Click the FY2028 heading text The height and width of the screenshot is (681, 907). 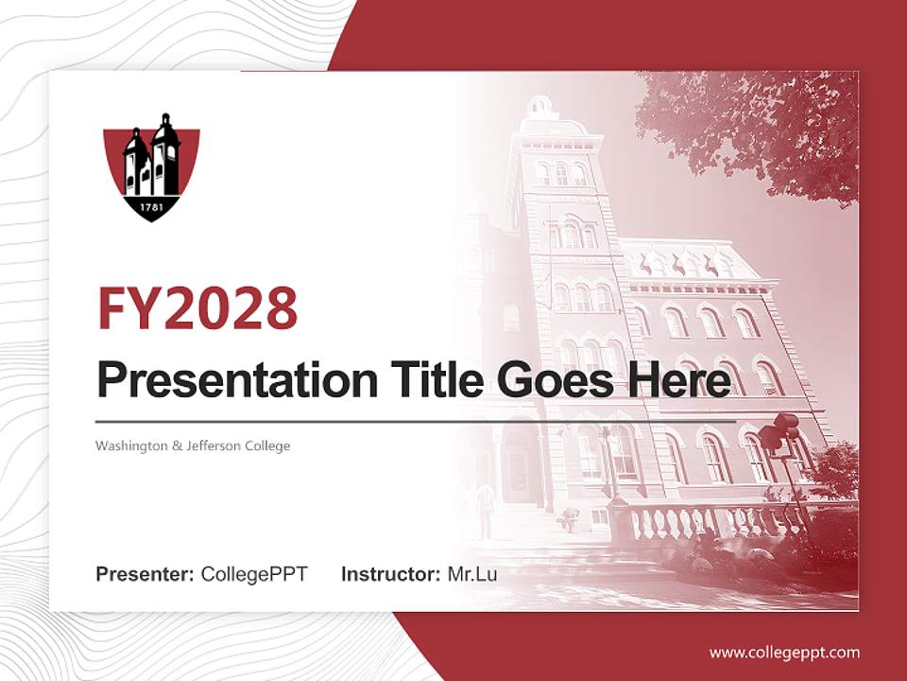[197, 307]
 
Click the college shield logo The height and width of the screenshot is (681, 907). [151, 166]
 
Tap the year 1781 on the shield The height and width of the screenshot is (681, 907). [151, 206]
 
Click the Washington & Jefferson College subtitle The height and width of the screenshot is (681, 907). [193, 445]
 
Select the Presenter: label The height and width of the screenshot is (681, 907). [145, 574]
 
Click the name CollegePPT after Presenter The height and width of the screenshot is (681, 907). [254, 574]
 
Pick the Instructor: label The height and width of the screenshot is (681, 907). [390, 574]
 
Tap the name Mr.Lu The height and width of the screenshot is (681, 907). [472, 574]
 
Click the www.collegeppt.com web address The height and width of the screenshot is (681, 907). [784, 653]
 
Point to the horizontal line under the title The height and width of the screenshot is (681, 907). [416, 421]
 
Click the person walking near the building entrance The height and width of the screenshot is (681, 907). [486, 508]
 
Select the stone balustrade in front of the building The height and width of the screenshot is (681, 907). [699, 520]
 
